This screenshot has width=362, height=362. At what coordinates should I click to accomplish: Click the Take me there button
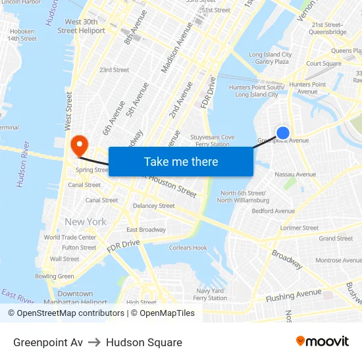click(x=181, y=161)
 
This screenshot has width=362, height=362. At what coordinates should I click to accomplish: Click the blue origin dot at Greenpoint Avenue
click(x=282, y=133)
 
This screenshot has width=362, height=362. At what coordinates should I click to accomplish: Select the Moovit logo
click(x=322, y=342)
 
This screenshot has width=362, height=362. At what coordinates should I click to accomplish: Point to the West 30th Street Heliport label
click(x=81, y=26)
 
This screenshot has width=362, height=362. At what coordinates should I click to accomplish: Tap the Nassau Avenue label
click(x=295, y=174)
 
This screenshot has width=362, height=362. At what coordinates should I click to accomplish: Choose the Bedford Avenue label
click(x=273, y=211)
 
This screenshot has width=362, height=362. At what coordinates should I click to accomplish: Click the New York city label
click(x=85, y=222)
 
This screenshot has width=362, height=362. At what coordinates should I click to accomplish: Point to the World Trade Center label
click(x=70, y=238)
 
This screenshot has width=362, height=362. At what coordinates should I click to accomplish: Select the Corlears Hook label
click(x=188, y=248)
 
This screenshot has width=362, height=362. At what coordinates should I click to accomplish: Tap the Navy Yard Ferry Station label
click(x=211, y=294)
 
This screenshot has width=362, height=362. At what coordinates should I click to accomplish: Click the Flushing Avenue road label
click(x=294, y=296)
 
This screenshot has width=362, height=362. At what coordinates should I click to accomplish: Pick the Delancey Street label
click(x=154, y=206)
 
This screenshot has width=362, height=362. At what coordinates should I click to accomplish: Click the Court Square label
click(x=323, y=64)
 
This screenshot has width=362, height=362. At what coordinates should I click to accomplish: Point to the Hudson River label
click(x=22, y=164)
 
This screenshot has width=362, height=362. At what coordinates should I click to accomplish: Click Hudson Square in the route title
click(x=143, y=342)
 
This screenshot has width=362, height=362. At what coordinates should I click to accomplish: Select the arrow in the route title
click(x=94, y=342)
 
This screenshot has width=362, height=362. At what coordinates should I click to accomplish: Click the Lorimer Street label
click(x=299, y=228)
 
